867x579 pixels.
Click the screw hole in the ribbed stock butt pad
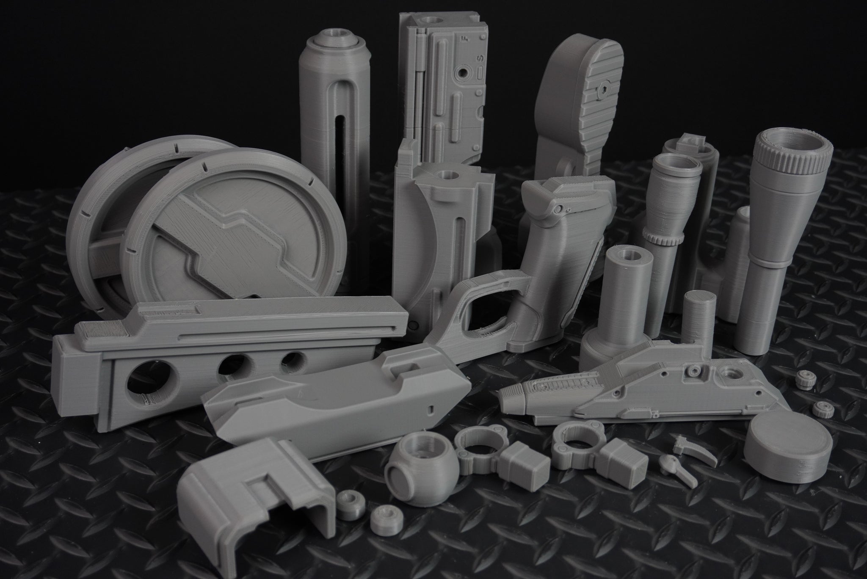(x=602, y=90)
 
